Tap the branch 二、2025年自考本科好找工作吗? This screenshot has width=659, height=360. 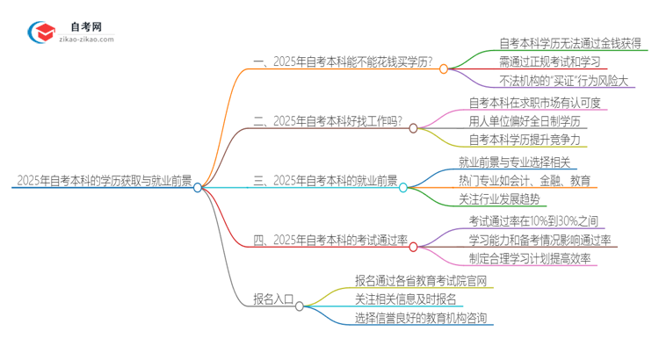(x=334, y=121)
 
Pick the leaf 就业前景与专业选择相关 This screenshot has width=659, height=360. (x=514, y=162)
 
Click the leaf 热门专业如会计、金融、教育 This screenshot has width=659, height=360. (x=524, y=181)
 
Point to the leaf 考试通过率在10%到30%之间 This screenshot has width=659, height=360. (x=533, y=220)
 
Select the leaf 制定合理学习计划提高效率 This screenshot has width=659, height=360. (x=530, y=260)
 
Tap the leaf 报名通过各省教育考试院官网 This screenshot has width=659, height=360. (x=420, y=280)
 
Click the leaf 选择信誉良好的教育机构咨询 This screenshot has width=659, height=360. (x=420, y=319)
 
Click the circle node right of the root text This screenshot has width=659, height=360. (x=199, y=187)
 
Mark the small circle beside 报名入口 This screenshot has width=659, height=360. (x=300, y=306)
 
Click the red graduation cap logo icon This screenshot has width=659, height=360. (x=42, y=32)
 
